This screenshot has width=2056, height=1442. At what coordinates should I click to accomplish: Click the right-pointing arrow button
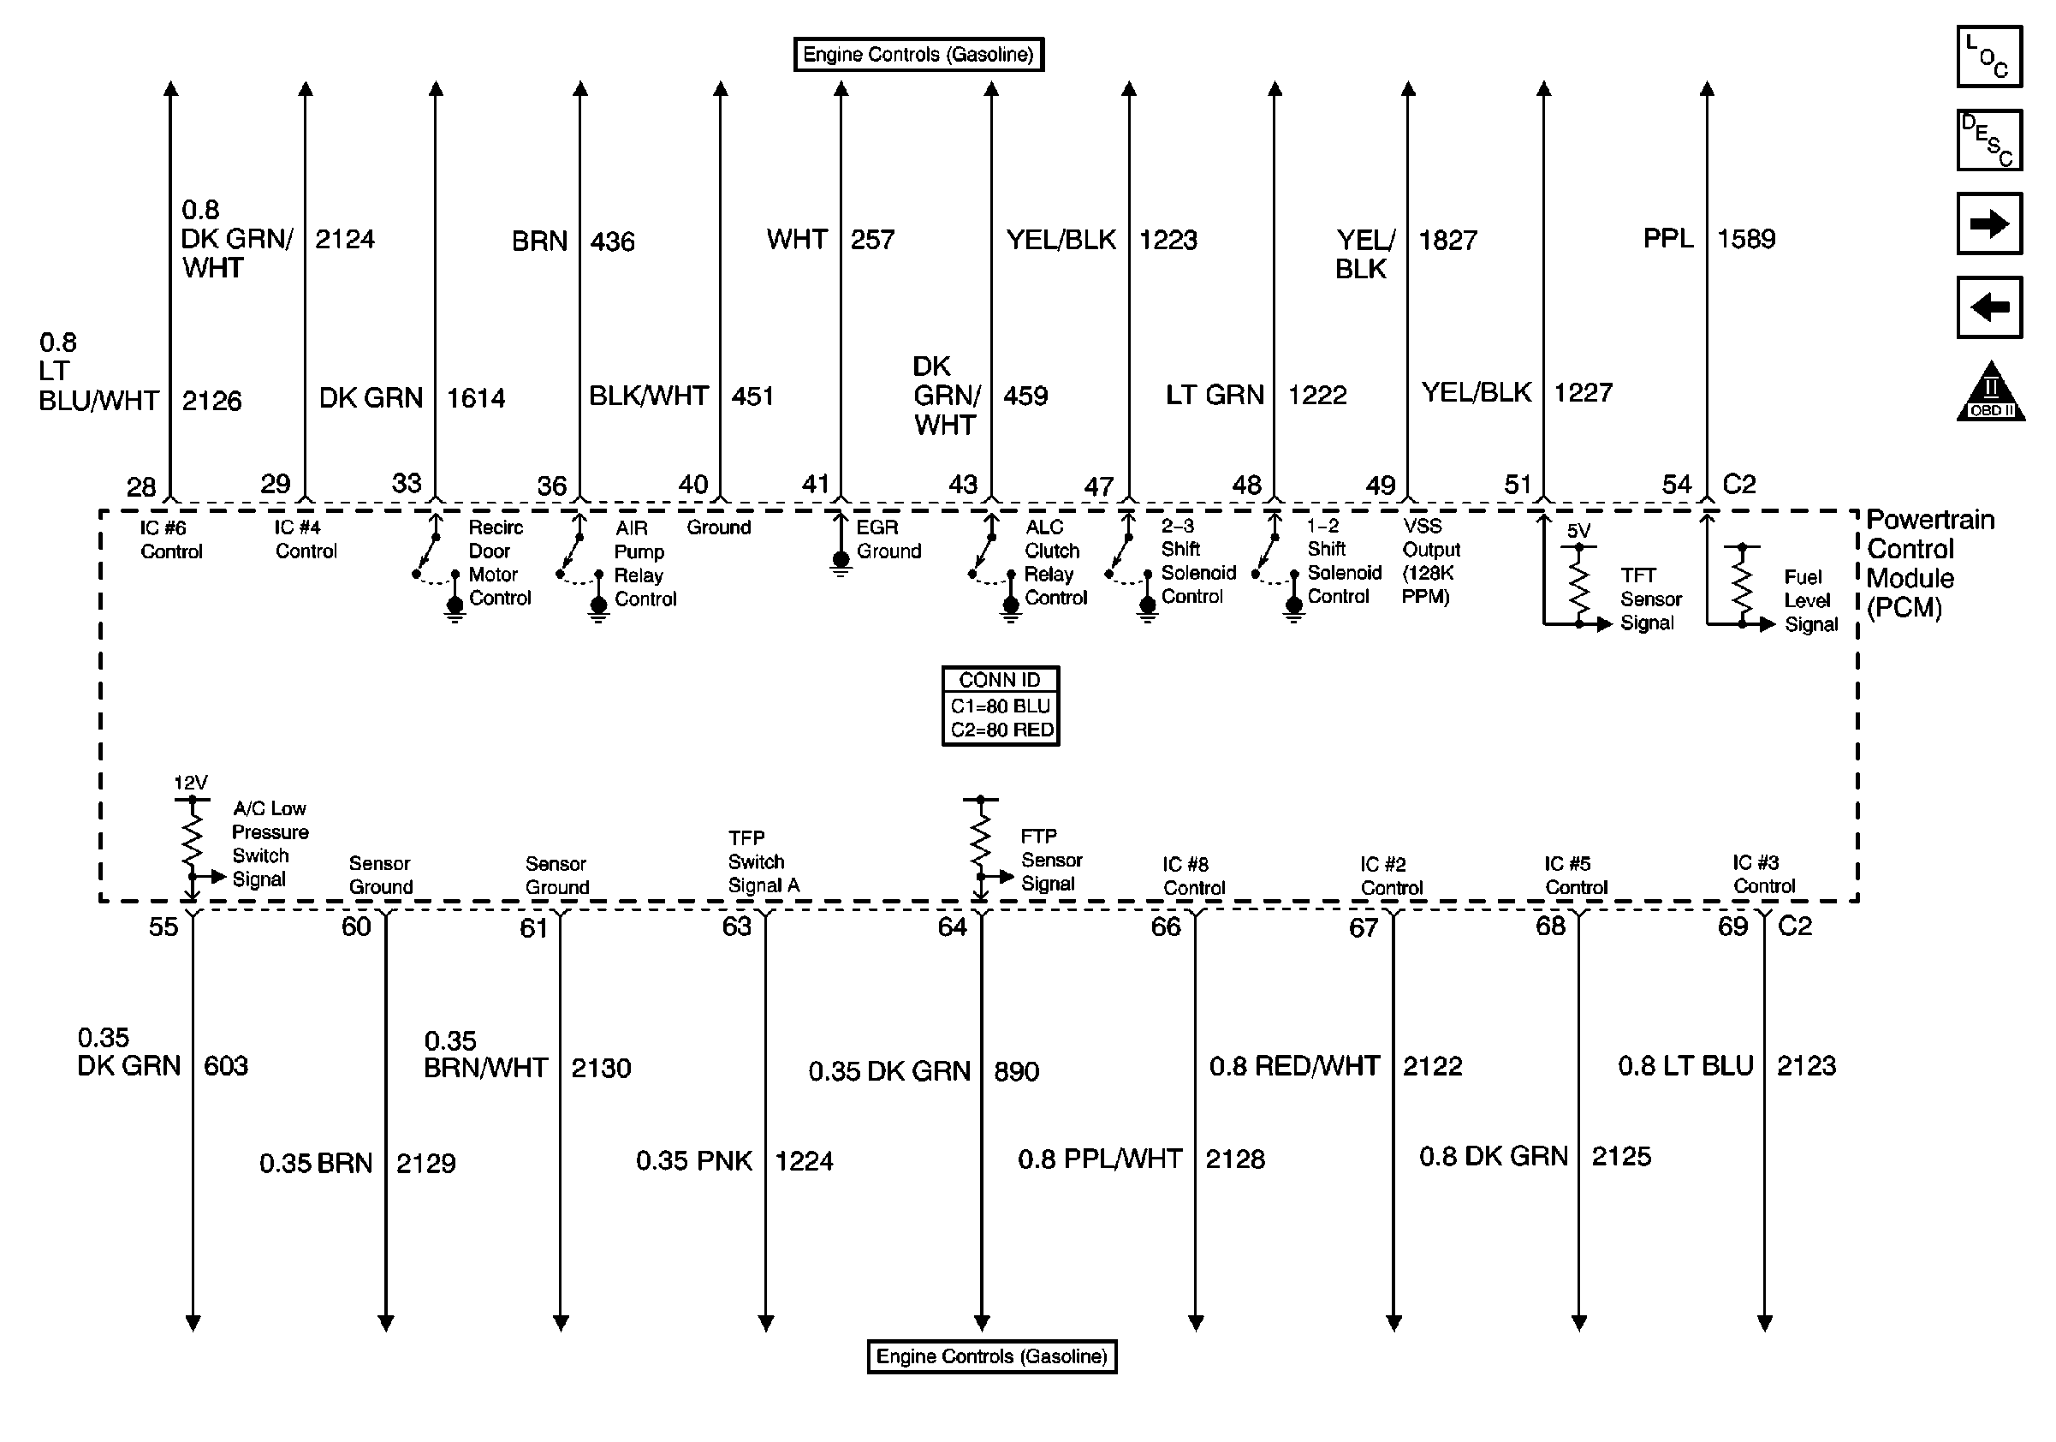1989,223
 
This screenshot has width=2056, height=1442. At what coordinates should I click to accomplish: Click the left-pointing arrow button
1989,308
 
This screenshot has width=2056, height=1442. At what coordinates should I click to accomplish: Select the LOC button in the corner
1989,57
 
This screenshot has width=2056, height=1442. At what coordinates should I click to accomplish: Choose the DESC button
1989,140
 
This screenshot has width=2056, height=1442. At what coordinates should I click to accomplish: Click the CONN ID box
1001,706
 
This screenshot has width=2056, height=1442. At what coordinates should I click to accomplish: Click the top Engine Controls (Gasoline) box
918,55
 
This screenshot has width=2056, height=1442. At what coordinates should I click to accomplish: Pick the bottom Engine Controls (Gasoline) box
991,1356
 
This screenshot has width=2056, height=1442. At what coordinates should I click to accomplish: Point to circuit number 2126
211,401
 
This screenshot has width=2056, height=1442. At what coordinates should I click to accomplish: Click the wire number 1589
1745,239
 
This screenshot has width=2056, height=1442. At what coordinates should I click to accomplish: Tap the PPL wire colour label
1667,238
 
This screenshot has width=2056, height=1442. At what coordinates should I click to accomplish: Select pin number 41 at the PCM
815,485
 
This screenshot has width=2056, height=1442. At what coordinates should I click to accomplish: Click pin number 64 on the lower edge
952,927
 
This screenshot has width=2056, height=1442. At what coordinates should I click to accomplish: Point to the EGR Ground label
888,539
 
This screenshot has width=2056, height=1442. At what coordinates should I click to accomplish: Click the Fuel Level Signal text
1809,601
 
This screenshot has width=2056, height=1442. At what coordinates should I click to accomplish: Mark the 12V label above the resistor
190,783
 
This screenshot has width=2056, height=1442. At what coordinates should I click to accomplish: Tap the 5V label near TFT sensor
1578,531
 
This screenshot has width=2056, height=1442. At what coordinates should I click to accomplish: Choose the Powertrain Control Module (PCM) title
1928,563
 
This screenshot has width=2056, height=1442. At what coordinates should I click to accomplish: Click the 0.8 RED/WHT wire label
1294,1066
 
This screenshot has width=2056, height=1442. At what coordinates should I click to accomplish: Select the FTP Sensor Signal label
1050,860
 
